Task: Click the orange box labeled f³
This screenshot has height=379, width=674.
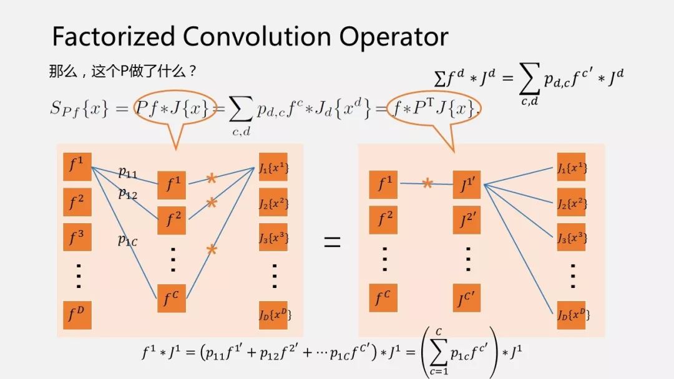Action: pyautogui.click(x=77, y=237)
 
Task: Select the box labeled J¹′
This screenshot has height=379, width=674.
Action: pyautogui.click(x=466, y=185)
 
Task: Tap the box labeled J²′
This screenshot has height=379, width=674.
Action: pyautogui.click(x=466, y=220)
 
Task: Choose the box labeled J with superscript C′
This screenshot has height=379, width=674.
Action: pyautogui.click(x=466, y=299)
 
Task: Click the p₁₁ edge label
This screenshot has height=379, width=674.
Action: pyautogui.click(x=128, y=173)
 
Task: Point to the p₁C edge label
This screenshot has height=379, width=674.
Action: pyautogui.click(x=128, y=240)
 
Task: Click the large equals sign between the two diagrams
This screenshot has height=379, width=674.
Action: pyautogui.click(x=332, y=242)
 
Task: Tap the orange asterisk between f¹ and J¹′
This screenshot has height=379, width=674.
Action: pyautogui.click(x=427, y=183)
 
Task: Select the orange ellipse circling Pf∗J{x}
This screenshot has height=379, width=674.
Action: pyautogui.click(x=175, y=110)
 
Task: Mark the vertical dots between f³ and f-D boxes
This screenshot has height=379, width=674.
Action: pyautogui.click(x=78, y=276)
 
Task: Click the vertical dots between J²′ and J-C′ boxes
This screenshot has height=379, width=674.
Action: pyautogui.click(x=467, y=259)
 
